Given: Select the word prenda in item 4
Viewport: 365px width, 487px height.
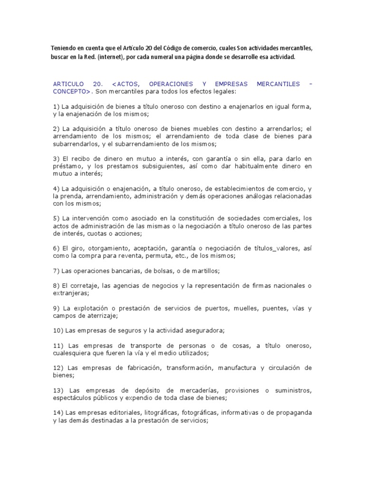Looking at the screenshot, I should pos(74,196).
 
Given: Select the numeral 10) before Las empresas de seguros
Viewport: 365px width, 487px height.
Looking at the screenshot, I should pos(58,331).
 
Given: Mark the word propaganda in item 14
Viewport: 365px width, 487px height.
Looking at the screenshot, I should pos(292,413).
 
